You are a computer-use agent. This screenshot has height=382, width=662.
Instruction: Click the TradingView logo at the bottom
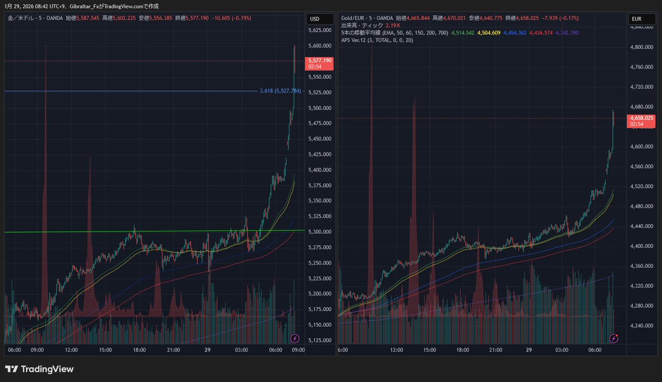pos(39,369)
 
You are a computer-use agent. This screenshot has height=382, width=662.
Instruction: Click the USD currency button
pos(315,19)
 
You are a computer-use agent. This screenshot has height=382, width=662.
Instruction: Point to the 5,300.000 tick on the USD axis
pos(320,232)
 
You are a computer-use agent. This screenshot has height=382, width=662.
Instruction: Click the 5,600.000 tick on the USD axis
pos(320,46)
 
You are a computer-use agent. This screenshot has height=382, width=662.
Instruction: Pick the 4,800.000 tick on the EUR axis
pos(642,47)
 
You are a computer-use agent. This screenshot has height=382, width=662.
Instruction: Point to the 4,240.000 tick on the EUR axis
pos(642,325)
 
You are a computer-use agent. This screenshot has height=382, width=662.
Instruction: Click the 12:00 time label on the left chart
pos(71,350)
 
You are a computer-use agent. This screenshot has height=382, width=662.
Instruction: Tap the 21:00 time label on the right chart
pos(495,350)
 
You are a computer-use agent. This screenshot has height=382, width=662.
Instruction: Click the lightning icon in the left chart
pos(295,338)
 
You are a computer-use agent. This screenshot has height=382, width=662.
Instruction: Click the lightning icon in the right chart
pos(614,338)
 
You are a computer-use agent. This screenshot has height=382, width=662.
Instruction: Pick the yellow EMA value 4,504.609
pos(489,33)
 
